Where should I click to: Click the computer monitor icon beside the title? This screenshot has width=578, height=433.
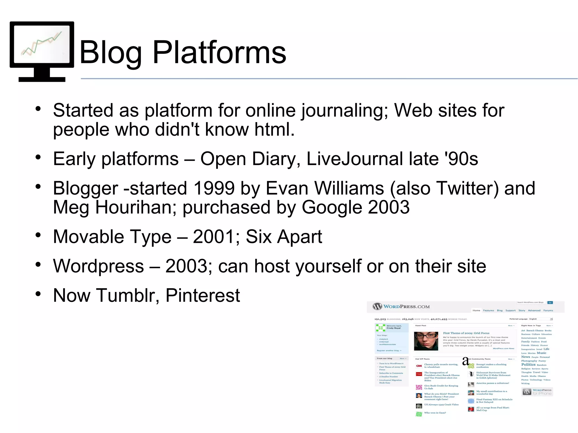coord(42,51)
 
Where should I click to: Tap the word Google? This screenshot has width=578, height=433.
coord(332,207)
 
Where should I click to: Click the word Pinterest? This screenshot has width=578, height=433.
coord(203,295)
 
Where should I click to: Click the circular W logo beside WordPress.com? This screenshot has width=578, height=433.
coord(377,307)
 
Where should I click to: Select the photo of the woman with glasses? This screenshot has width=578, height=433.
coord(426,341)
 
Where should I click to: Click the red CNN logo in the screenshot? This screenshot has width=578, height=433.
coord(419,366)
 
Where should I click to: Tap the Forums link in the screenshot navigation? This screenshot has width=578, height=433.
coord(548,311)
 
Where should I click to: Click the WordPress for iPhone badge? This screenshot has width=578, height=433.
coord(537,392)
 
